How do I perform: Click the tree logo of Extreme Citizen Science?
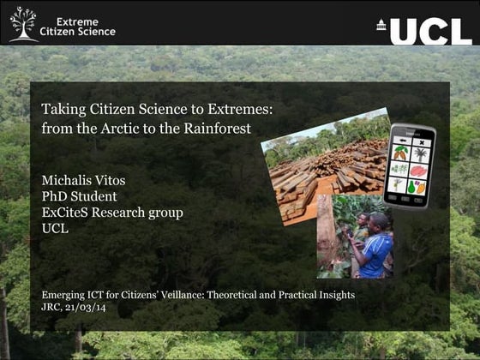(23, 24)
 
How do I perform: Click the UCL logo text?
(430, 31)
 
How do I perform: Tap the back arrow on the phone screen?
(401, 140)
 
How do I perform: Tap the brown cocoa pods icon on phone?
(400, 154)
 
